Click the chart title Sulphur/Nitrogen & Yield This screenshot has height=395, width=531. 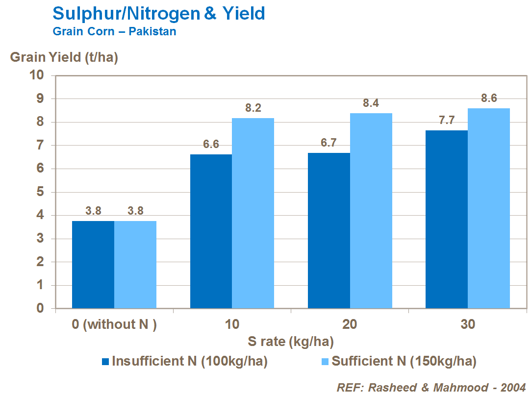(158, 14)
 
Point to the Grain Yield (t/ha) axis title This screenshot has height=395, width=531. (64, 57)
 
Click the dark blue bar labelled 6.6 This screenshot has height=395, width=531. (211, 231)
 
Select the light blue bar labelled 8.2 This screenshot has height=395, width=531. (253, 213)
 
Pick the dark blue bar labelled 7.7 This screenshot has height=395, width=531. (447, 219)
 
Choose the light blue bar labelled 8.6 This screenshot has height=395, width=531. (489, 208)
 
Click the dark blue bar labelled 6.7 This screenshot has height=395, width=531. (329, 230)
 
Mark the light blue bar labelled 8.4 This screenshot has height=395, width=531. (371, 211)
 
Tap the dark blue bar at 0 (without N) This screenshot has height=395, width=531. (93, 265)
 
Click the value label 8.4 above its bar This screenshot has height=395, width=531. (371, 103)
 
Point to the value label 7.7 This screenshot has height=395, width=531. (447, 121)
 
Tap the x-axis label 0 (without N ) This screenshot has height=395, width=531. (114, 324)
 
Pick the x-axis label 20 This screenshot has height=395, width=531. (350, 324)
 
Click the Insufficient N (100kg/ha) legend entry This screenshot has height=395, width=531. (184, 362)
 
